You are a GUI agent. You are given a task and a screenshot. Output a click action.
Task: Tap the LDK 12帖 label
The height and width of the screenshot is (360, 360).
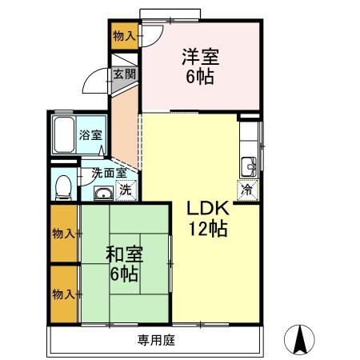[x=209, y=218]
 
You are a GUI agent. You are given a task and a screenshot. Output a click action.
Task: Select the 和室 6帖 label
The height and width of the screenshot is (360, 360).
[x=124, y=264]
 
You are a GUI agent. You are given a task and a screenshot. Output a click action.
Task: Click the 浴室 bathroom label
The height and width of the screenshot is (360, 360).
[x=90, y=134]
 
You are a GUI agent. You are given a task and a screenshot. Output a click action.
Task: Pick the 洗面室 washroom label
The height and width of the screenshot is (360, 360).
[x=107, y=172]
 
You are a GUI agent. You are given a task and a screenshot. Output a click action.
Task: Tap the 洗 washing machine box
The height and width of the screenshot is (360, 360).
[x=126, y=190]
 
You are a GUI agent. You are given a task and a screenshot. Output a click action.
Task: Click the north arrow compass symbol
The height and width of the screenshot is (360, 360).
[x=301, y=339]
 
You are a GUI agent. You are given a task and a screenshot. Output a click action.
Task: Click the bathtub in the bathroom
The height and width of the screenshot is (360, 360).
[x=63, y=135]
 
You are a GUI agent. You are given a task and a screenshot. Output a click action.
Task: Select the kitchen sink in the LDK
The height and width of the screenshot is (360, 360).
[x=249, y=166]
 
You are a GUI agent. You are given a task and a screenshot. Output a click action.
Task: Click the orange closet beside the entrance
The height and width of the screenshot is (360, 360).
[x=124, y=37]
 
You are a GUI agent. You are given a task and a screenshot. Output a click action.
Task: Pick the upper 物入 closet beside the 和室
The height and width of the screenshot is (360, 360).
[x=65, y=233]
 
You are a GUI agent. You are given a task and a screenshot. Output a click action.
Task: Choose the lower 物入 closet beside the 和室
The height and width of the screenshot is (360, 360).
[x=65, y=293]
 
